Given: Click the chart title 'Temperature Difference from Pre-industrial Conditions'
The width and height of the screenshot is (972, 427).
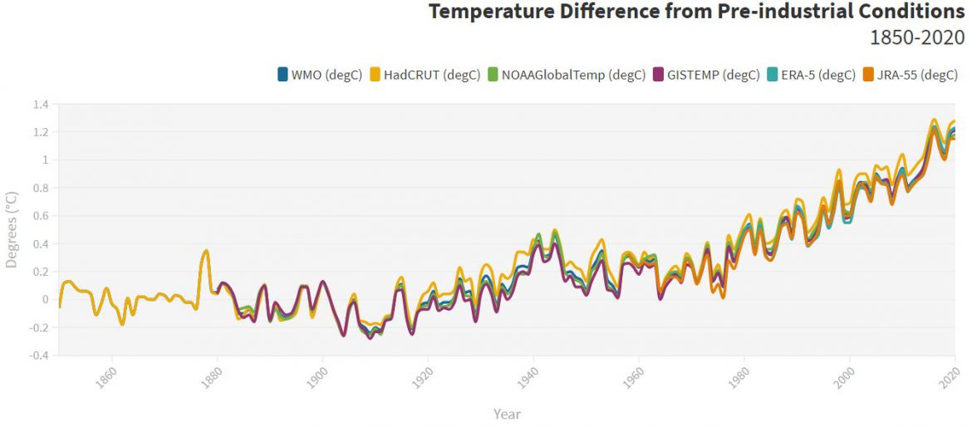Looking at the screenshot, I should click(x=696, y=12).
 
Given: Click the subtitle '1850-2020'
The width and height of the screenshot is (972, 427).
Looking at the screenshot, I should click(x=916, y=38).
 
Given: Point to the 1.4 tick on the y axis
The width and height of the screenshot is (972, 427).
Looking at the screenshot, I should click(x=41, y=105).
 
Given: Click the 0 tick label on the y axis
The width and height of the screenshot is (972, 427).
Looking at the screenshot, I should click(x=46, y=300).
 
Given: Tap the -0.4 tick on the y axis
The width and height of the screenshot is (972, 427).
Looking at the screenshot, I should click(x=38, y=356).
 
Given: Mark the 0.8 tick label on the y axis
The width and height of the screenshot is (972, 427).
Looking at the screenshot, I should click(x=41, y=189).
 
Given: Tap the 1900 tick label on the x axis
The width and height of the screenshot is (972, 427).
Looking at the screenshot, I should click(x=316, y=377).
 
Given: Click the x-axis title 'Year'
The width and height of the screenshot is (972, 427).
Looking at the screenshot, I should click(x=507, y=414).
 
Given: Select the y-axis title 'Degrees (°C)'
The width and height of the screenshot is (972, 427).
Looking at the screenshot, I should click(x=12, y=230).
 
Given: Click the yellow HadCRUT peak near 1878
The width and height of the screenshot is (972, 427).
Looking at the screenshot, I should click(x=206, y=251).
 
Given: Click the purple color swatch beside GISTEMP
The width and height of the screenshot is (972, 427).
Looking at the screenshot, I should click(x=659, y=75).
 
